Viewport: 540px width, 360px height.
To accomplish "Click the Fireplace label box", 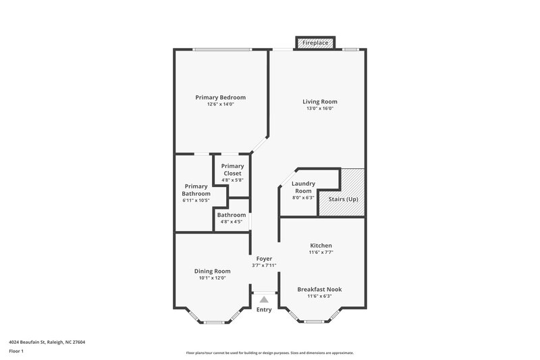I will click(315, 43).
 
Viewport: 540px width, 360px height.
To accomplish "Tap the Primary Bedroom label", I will click(221, 97).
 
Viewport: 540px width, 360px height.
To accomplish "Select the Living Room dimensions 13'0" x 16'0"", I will click(320, 109).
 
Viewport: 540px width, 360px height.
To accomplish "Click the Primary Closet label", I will click(232, 170).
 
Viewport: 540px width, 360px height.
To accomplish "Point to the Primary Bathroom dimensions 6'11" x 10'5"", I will click(196, 200).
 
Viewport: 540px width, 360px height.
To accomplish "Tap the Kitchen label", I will click(321, 245).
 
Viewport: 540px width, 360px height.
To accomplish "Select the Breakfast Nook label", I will click(320, 289).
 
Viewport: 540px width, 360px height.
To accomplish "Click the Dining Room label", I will click(213, 271).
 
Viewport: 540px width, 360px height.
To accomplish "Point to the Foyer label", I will click(263, 258).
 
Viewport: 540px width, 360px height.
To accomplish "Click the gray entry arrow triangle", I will click(264, 299).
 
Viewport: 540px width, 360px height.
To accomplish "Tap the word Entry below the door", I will click(264, 309).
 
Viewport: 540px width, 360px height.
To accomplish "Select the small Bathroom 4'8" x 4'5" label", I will click(232, 215).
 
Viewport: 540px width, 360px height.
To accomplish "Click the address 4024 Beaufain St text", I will click(47, 342).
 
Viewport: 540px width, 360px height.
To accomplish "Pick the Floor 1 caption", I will click(17, 351).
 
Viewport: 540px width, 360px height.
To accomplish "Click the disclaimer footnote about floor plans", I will click(270, 353).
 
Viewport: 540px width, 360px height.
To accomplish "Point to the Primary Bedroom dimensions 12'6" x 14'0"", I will click(221, 104).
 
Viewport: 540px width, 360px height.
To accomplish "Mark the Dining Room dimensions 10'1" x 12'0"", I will click(213, 278).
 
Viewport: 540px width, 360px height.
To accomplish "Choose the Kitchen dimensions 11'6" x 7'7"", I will click(321, 252).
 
